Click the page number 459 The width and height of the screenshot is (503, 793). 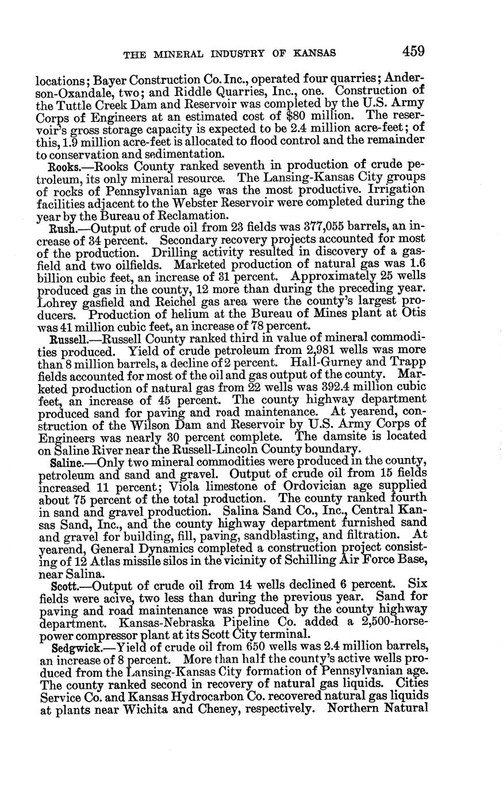click(413, 51)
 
